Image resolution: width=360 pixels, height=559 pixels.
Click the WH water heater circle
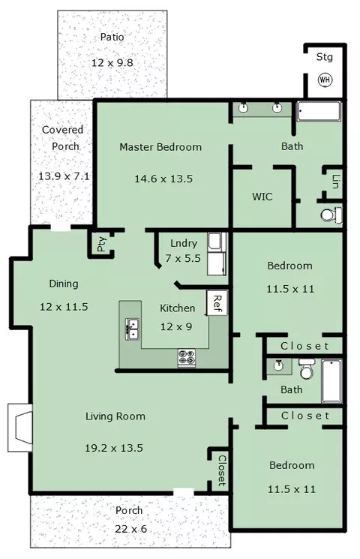[325, 79]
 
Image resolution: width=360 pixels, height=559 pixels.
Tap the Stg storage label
[324, 57]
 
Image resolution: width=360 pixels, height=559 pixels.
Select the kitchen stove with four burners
[187, 358]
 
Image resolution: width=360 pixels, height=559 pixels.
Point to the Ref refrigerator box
[216, 303]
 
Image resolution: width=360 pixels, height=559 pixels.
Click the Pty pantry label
[102, 245]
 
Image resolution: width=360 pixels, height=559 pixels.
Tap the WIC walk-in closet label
[262, 197]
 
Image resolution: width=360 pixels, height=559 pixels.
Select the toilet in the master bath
[331, 215]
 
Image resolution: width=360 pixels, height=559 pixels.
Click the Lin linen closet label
[335, 181]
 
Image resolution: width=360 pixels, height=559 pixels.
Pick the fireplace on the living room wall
[20, 428]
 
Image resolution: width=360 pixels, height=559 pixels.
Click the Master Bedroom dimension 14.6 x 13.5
[163, 179]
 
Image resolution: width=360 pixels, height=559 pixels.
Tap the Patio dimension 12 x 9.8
[112, 63]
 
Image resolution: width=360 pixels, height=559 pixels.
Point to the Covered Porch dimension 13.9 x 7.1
[64, 176]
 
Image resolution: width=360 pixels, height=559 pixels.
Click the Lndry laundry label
[184, 244]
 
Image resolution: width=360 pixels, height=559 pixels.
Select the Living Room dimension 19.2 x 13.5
[114, 448]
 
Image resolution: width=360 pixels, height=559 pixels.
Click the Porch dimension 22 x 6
[130, 529]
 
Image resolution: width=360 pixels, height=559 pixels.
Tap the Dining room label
[64, 284]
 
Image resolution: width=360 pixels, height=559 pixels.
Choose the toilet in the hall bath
[307, 368]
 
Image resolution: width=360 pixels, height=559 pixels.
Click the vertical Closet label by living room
[221, 470]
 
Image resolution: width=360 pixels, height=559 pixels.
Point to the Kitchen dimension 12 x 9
[176, 326]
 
